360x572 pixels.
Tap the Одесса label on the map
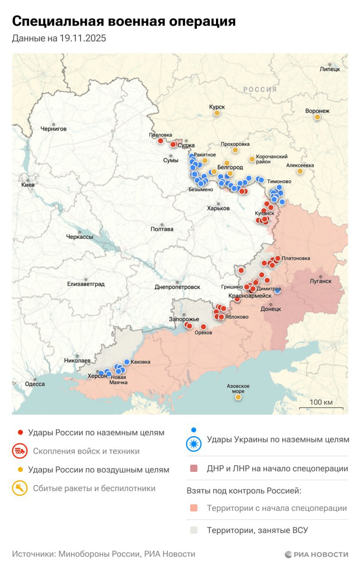pyautogui.click(x=34, y=384)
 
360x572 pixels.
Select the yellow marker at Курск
pyautogui.click(x=217, y=114)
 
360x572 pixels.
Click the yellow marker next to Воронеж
pyautogui.click(x=318, y=117)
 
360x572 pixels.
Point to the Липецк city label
pyautogui.click(x=330, y=69)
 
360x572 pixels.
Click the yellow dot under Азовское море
pyautogui.click(x=238, y=397)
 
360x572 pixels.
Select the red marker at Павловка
pyautogui.click(x=161, y=141)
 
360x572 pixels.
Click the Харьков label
pyautogui.click(x=218, y=208)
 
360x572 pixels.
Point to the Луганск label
pyautogui.click(x=321, y=281)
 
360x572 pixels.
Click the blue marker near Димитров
pyautogui.click(x=278, y=291)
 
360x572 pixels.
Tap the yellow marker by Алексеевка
pyautogui.click(x=300, y=171)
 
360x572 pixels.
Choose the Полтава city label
pyautogui.click(x=162, y=229)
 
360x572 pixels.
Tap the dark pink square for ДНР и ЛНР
pyautogui.click(x=193, y=469)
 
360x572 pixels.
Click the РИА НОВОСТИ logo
pyautogui.click(x=316, y=555)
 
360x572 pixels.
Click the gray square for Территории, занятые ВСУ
pyautogui.click(x=193, y=530)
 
